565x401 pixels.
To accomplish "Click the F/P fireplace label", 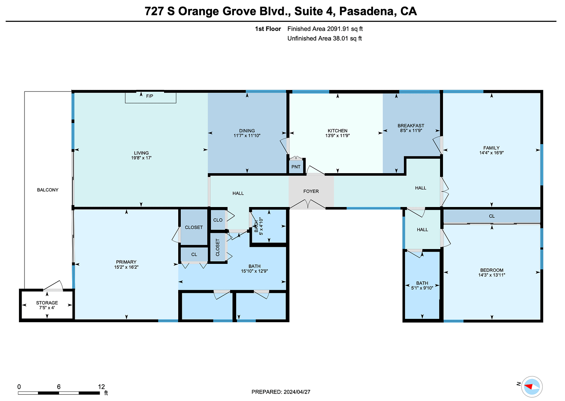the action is coord(150,96).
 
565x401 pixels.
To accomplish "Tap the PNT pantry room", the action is coord(296,166).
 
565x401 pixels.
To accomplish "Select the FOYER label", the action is coord(311,191).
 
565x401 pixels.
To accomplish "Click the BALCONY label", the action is coord(48,190).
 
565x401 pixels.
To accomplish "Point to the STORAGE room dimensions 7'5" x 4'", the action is coord(47,307).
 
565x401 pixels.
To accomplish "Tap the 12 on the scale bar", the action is coord(102,387).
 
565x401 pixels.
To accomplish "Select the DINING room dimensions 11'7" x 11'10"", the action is coord(247,136).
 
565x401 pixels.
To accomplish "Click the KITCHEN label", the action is coord(337,130).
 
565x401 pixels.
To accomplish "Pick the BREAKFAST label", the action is coord(411,126).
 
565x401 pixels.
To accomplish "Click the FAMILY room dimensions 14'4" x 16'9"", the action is coord(491,152).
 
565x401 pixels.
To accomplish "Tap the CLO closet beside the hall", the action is coord(218,220).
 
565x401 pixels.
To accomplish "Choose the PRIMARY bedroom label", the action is coord(126,262).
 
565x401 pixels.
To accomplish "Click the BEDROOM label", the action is coord(492,270).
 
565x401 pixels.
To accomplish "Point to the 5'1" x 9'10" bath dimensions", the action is coord(422,288).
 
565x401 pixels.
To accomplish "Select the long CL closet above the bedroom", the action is coord(492,216).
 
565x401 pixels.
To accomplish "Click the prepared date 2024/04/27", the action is coord(297,392).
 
